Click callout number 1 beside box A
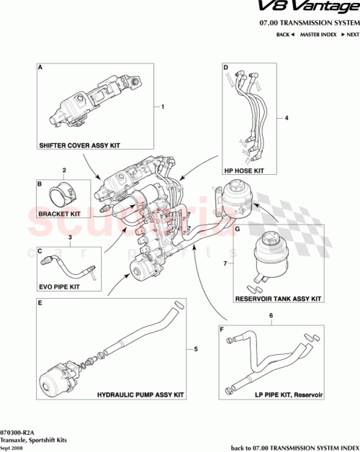(x=163, y=107)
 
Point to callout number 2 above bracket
(x=64, y=171)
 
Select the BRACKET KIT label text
(x=60, y=214)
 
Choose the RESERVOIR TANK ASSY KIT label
(x=277, y=297)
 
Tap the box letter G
(x=237, y=230)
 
